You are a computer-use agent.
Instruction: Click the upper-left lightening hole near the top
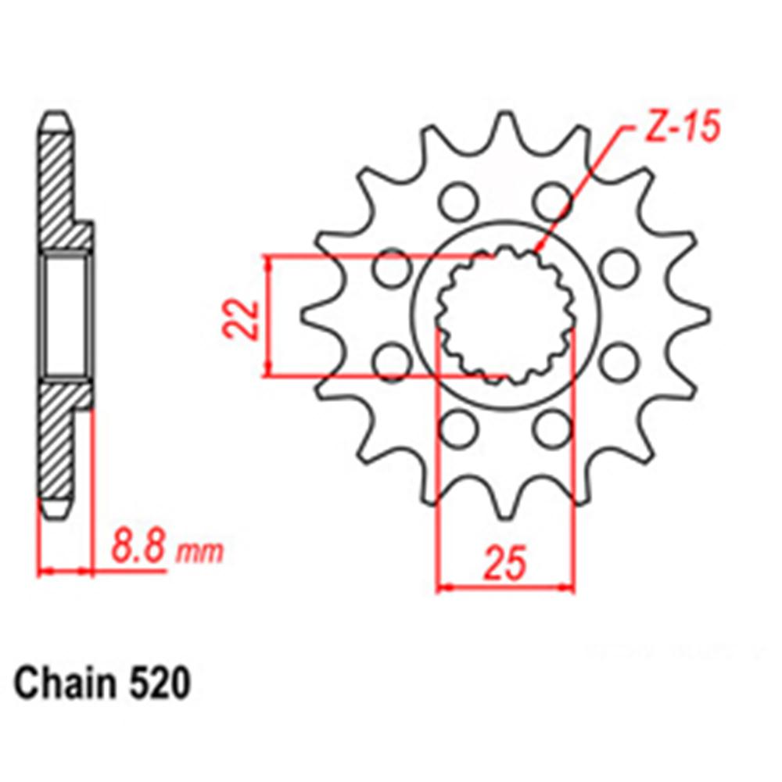tap(455, 202)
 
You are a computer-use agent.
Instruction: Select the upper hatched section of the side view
tap(59, 188)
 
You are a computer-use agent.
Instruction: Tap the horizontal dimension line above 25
tap(505, 586)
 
